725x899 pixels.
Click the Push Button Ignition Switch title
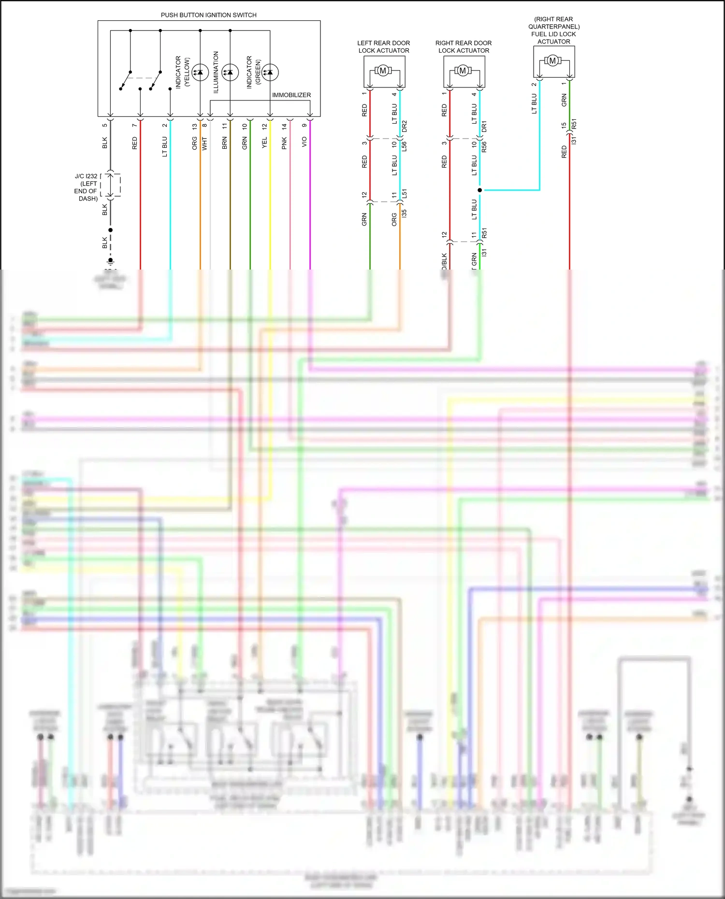tap(208, 15)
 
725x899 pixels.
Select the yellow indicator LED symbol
tap(200, 72)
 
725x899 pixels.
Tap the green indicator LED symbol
tap(270, 72)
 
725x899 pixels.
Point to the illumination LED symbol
tap(230, 72)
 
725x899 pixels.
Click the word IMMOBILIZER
tap(291, 95)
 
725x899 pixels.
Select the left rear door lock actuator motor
tap(383, 71)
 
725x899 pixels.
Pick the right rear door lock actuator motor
tap(463, 71)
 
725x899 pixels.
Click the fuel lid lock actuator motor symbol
tap(553, 60)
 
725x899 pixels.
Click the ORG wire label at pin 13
tap(194, 143)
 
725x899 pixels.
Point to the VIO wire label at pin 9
tap(304, 142)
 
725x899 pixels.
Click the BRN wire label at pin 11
tap(224, 143)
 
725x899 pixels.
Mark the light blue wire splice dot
tap(479, 190)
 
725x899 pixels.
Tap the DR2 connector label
tap(405, 127)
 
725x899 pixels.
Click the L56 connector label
tap(405, 146)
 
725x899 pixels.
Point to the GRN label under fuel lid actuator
tap(564, 100)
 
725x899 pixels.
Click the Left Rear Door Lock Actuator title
tap(383, 46)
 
